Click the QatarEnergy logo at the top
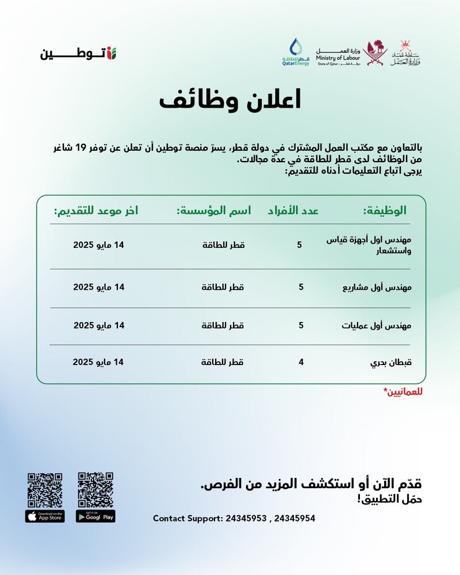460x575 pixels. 295,53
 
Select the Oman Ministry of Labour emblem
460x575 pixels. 407,53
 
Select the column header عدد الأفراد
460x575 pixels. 293,211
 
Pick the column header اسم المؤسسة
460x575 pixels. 214,211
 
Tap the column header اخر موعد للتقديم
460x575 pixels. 96,211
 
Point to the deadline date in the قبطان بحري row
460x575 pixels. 98,362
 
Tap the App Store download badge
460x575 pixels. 45,516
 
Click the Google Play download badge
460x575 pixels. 95,516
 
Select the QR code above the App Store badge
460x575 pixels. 45,489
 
